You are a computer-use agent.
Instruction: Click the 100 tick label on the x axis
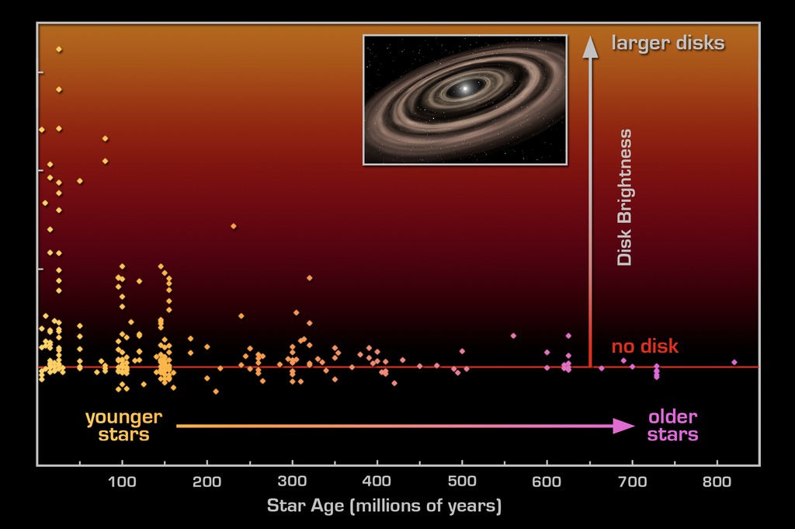click(x=122, y=482)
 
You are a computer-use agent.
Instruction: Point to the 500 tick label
click(x=461, y=482)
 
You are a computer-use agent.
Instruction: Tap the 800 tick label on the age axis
click(x=716, y=482)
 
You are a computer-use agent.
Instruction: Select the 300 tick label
click(x=292, y=482)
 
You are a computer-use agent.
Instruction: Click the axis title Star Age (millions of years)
click(x=384, y=506)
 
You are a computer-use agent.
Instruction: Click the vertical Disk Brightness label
click(x=625, y=198)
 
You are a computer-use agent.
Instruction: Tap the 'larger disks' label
click(x=668, y=43)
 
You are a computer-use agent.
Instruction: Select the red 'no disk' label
click(x=644, y=346)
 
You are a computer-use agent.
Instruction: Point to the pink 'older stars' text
click(x=673, y=426)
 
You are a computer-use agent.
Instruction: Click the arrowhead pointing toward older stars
click(x=624, y=426)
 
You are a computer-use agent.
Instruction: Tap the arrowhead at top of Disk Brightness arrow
click(x=591, y=47)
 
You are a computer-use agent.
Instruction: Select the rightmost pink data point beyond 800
click(x=734, y=362)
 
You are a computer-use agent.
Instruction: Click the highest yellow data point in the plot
click(x=59, y=50)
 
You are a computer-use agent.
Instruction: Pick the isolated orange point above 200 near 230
click(x=233, y=226)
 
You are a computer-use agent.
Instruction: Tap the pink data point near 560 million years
click(x=513, y=336)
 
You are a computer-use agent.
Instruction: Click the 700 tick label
click(x=631, y=482)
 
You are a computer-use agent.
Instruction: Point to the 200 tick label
click(x=207, y=482)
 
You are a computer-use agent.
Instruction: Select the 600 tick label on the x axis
click(x=547, y=482)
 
